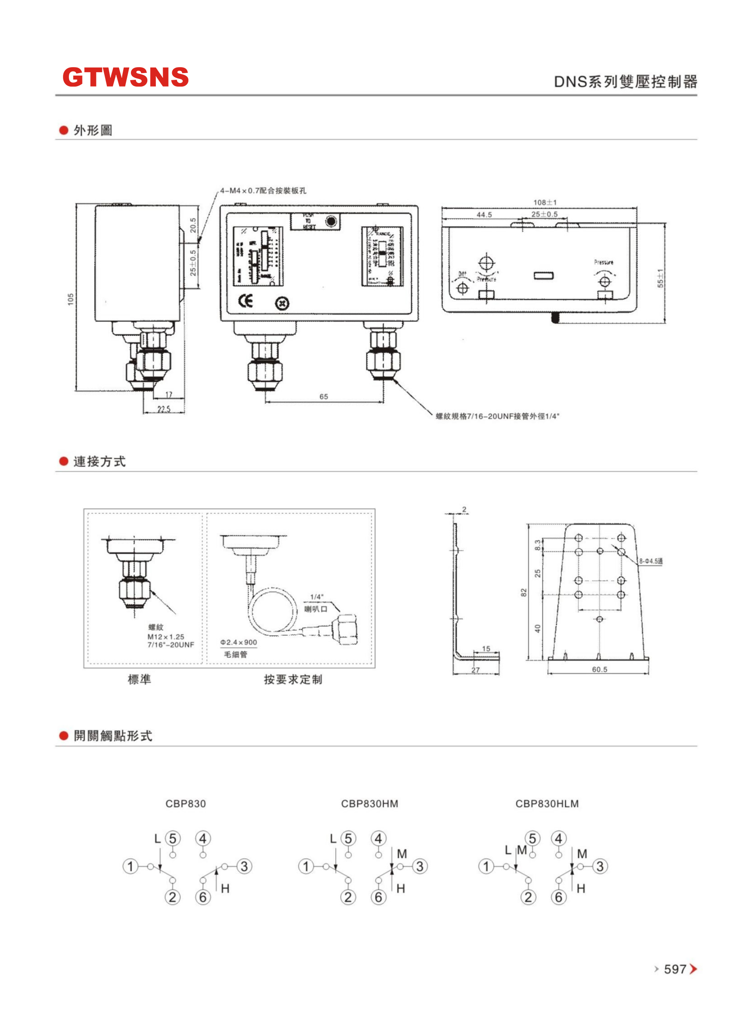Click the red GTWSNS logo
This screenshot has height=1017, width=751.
[x=125, y=77]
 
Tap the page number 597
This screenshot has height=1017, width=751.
[x=674, y=969]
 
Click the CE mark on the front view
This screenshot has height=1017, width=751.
[x=246, y=301]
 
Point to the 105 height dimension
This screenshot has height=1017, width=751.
[x=71, y=299]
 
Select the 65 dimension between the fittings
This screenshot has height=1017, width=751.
[x=323, y=397]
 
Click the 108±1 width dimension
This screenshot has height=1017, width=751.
[x=544, y=203]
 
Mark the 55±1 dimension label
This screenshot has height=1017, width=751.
[x=660, y=278]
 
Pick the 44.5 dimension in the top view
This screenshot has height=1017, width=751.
[x=484, y=215]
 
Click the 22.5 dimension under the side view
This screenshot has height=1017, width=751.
[x=164, y=409]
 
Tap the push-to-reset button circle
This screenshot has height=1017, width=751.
[x=331, y=222]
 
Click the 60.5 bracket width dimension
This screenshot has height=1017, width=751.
[x=599, y=669]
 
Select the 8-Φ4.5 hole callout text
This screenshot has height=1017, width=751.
[x=650, y=561]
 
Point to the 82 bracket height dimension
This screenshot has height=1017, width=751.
[x=524, y=593]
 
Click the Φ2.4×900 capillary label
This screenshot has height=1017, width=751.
[x=239, y=642]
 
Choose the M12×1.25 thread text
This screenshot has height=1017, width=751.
[x=165, y=637]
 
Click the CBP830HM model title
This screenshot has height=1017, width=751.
[x=369, y=803]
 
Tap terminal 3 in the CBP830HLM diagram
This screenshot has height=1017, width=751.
[x=600, y=866]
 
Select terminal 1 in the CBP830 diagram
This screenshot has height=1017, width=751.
[x=130, y=866]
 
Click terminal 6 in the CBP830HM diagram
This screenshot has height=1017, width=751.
[x=378, y=897]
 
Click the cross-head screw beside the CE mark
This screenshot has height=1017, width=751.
[x=282, y=303]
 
